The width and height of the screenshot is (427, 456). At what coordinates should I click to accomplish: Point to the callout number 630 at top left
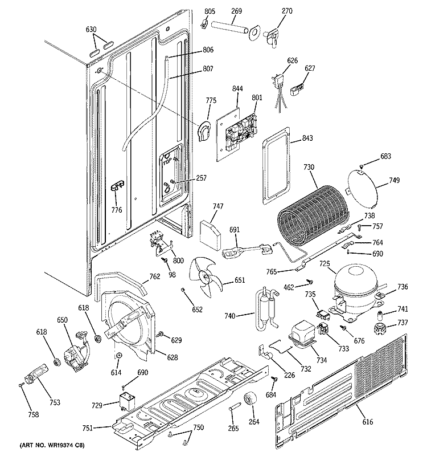click(x=91, y=29)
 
